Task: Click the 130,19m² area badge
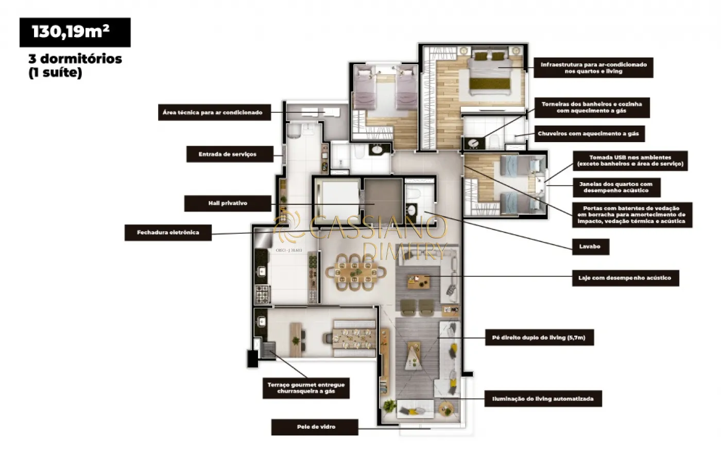point(75,32)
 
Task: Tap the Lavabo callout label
point(590,247)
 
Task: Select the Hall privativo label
point(228,203)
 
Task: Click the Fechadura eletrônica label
point(168,233)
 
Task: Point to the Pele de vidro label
point(315,427)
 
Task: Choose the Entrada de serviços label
point(230,154)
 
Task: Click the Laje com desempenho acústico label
point(625,278)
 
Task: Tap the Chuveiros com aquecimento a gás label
point(589,133)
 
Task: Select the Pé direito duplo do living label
point(540,338)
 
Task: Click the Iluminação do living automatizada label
point(543,398)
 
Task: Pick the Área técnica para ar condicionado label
point(214,112)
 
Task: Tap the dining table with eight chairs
point(355,272)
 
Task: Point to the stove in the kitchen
point(262,294)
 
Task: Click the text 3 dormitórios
point(75,59)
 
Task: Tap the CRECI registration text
point(289,250)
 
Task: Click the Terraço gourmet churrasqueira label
point(306,388)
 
